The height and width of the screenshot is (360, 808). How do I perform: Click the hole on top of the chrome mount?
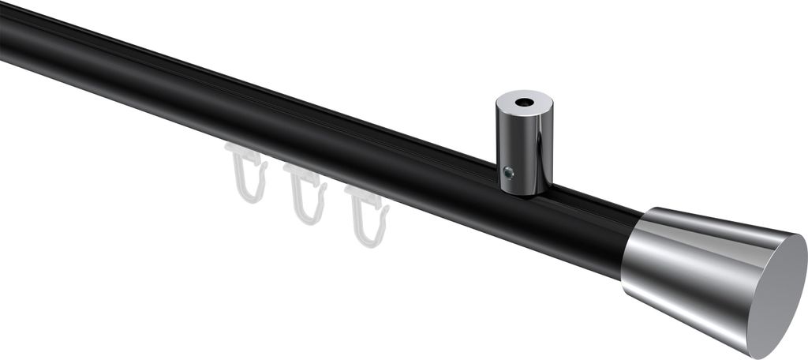pyautogui.click(x=525, y=102)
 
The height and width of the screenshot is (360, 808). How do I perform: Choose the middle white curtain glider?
pyautogui.click(x=306, y=193)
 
